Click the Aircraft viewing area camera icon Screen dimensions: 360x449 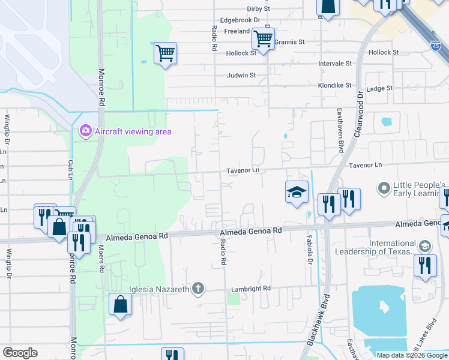click(x=85, y=131)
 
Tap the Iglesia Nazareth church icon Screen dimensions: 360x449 click(x=198, y=289)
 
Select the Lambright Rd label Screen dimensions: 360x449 click(x=250, y=289)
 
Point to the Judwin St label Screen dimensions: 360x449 click(x=241, y=76)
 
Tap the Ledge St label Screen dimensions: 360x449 click(x=379, y=88)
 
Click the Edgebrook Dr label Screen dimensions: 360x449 click(x=240, y=20)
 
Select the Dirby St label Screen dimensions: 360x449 click(x=259, y=9)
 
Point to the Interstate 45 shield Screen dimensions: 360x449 click(x=436, y=45)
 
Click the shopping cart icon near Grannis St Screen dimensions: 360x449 click(x=263, y=38)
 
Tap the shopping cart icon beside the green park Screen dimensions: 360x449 click(x=165, y=53)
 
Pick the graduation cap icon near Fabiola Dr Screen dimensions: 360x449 click(x=296, y=192)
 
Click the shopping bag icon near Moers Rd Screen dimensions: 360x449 click(x=120, y=304)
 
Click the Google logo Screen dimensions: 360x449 click(x=20, y=353)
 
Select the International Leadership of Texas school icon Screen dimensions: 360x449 click(x=424, y=246)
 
